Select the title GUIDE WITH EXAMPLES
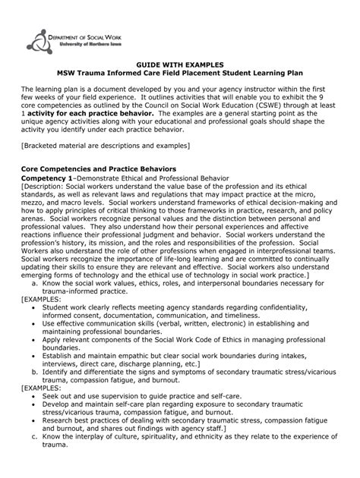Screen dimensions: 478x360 pyautogui.click(x=179, y=68)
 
